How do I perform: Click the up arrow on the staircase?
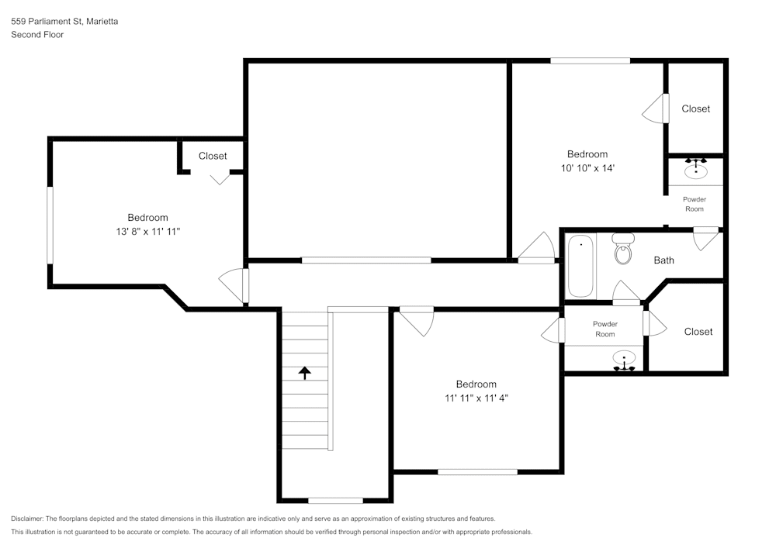click(x=304, y=373)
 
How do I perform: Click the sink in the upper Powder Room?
click(x=696, y=167)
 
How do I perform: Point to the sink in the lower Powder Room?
click(x=624, y=360)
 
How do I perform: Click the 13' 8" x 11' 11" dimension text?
click(x=147, y=232)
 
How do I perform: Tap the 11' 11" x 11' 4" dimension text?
click(x=476, y=398)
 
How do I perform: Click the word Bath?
click(x=663, y=260)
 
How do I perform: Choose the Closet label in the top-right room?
click(x=695, y=109)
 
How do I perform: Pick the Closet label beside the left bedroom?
click(x=213, y=156)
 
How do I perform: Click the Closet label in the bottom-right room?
click(x=698, y=332)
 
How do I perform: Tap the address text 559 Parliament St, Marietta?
click(x=64, y=22)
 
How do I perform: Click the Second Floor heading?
click(x=37, y=35)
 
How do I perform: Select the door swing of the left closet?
click(x=220, y=177)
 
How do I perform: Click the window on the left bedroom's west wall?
click(x=50, y=225)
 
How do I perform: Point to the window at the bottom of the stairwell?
click(x=335, y=500)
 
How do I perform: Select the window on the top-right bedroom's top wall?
click(x=591, y=60)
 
